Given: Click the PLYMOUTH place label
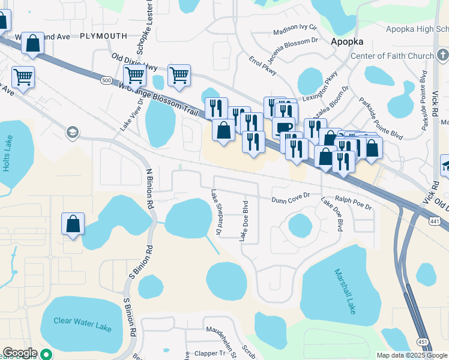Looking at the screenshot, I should point(103,36).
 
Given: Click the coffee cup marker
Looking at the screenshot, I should point(283,127).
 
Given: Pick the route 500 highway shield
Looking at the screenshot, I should point(107,80).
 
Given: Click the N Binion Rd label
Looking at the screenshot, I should point(149,188).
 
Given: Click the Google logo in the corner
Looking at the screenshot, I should point(20,353).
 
